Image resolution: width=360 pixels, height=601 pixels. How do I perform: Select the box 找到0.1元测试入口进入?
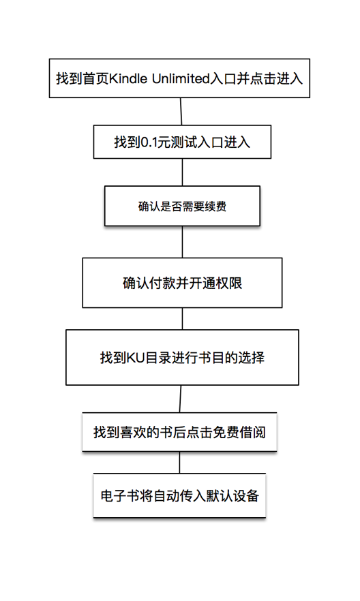tap(182, 143)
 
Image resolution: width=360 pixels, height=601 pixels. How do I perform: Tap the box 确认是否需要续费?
tap(182, 206)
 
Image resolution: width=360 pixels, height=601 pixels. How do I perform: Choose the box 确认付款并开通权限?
tap(182, 283)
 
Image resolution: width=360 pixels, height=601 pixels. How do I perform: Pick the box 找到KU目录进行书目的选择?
tap(182, 357)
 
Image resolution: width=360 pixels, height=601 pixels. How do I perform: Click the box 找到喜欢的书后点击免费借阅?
tap(179, 431)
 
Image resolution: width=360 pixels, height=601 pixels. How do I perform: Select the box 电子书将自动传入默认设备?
tap(179, 496)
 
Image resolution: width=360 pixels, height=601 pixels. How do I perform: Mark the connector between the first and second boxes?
tap(181, 112)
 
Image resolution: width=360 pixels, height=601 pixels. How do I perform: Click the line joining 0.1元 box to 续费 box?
tap(182, 173)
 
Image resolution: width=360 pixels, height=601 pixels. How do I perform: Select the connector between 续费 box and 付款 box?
tap(182, 241)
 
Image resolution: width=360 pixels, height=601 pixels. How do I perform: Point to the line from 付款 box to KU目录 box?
tap(182, 319)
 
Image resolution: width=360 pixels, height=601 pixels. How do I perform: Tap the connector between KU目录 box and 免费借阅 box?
tap(180, 399)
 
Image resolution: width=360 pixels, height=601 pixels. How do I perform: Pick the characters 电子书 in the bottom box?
tap(115, 496)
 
